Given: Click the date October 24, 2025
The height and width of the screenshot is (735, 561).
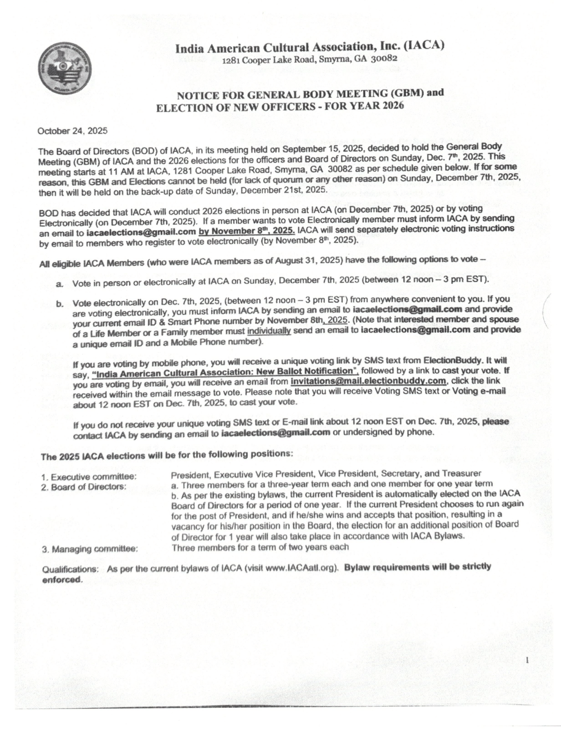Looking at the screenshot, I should tap(72, 131).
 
